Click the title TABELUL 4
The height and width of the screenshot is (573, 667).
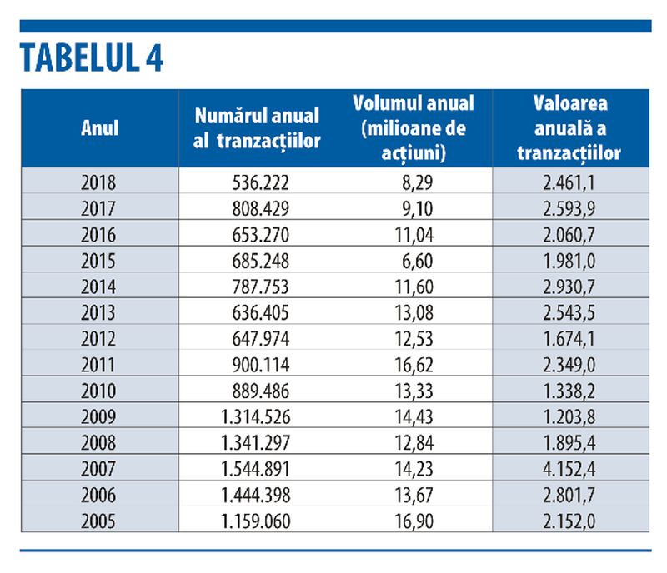pos(91,57)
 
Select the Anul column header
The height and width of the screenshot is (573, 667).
pos(99,128)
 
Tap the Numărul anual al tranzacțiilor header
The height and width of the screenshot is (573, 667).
pos(257,128)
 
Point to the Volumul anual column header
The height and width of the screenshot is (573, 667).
pos(414,128)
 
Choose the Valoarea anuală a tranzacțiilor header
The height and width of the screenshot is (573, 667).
pos(569,128)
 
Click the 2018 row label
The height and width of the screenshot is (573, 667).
pos(98,182)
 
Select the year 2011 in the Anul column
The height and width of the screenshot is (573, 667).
pos(98,365)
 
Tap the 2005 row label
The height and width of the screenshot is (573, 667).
pos(98,521)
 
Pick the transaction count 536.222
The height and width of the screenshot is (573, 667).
pos(260,182)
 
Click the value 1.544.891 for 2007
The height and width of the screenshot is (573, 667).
pos(256,469)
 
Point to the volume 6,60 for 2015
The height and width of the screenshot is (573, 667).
pos(418,261)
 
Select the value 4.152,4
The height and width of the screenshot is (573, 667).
pos(569,469)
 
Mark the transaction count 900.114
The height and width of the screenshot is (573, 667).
pos(260,365)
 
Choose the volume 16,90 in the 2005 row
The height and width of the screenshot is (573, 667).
pos(414,521)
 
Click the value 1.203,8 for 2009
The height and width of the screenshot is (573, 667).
pos(569,416)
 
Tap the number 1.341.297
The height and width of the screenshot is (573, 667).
pos(256,443)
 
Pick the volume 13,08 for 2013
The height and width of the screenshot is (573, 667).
pos(414,312)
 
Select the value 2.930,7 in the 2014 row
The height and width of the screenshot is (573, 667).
pos(569,286)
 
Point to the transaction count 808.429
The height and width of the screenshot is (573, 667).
pos(260,208)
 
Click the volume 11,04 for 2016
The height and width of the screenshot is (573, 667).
pos(414,235)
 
